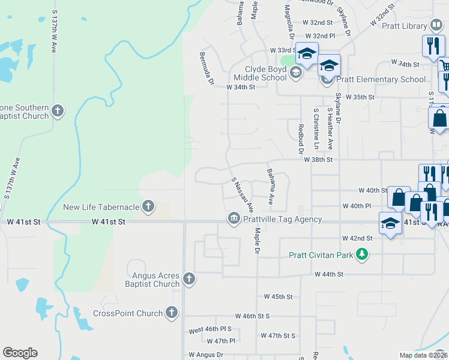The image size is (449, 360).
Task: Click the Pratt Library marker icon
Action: pos(436,26)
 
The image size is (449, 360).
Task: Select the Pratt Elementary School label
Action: pos(379,79)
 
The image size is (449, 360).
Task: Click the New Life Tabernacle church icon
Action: pos(148,208)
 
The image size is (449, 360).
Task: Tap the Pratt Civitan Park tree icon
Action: pos(361,255)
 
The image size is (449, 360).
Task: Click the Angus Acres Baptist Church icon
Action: pos(189,278)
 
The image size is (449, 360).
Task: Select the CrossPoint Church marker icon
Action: pos(172,313)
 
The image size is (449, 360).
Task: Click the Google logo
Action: pos(20,353)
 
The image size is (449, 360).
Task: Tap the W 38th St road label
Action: pos(318,160)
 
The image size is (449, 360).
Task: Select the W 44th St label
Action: pos(329,274)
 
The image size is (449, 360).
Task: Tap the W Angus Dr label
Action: pos(206,355)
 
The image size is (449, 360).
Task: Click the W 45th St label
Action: pos(278,297)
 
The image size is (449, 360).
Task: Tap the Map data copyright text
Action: pos(424,355)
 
